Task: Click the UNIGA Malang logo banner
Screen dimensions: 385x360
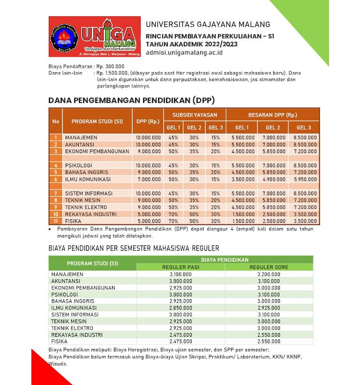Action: (94, 37)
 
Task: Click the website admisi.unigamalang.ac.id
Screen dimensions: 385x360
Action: (184, 52)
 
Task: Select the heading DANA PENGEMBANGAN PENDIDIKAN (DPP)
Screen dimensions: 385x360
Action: (132, 100)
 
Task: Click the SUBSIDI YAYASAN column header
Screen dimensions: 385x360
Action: (195, 115)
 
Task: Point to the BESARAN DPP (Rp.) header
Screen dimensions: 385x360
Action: (272, 115)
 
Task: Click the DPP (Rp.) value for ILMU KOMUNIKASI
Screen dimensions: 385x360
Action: (148, 179)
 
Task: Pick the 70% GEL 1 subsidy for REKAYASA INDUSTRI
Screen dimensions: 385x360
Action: (173, 214)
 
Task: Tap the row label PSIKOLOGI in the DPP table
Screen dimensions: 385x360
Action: (78, 165)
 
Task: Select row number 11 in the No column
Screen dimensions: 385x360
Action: (55, 221)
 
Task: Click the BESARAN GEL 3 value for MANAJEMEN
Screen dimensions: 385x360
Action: (305, 138)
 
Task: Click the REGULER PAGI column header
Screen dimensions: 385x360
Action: (180, 267)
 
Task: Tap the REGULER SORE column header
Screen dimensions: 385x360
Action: (269, 267)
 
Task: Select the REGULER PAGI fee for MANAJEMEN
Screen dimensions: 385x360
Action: (180, 274)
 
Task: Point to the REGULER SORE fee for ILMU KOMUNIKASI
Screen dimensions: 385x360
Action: (269, 308)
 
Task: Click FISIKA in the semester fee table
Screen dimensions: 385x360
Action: (60, 341)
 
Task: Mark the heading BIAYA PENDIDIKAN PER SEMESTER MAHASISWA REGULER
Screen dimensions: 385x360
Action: (134, 248)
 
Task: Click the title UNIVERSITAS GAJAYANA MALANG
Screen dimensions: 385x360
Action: (208, 24)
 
